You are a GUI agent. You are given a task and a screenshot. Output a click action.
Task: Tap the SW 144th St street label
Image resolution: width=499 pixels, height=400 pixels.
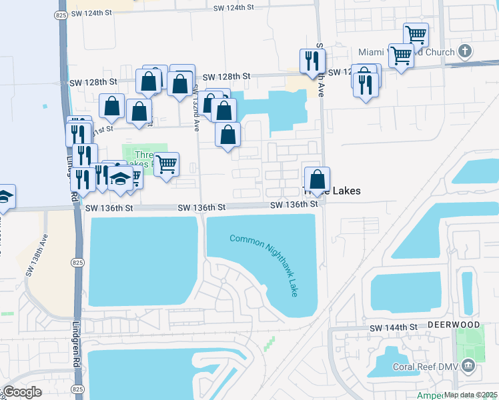pos(393,328)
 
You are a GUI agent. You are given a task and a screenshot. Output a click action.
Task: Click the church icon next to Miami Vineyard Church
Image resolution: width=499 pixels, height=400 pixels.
pos(465,51)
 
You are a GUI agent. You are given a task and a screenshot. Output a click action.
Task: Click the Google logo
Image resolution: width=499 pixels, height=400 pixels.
pos(23,391)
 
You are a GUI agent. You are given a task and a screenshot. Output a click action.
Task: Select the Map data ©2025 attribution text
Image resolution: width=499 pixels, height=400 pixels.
pos(471,395)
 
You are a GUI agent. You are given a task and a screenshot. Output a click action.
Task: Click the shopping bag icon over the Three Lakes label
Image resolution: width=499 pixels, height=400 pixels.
pos(318,179)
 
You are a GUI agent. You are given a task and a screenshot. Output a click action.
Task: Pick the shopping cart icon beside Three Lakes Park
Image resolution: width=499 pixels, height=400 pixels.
pos(166,163)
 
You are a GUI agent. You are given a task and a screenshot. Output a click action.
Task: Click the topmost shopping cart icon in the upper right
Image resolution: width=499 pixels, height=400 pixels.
pos(416,34)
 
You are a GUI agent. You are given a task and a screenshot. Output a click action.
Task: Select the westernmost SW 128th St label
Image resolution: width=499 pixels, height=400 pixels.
pos(94,82)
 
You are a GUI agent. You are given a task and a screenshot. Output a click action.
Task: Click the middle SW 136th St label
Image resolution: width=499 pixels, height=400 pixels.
pos(201,208)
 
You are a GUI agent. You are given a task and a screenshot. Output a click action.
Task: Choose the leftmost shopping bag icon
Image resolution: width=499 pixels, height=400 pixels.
pos(111,106)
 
